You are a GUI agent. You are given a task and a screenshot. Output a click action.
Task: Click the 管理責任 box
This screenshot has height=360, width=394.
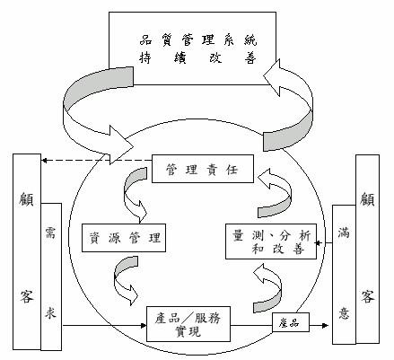click(x=203, y=169)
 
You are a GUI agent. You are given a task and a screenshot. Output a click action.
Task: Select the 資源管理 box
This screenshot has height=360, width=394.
click(x=124, y=238)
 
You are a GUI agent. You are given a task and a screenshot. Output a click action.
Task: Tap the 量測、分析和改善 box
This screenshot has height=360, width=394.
click(x=271, y=241)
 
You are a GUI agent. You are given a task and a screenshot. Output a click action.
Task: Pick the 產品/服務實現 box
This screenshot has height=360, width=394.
click(x=188, y=324)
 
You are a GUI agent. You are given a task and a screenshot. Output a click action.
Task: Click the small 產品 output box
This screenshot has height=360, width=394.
click(x=291, y=322)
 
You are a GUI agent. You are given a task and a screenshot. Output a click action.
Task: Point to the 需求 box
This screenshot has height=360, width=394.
click(x=51, y=277)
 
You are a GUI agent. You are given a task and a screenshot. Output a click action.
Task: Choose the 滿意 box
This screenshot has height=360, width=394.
click(x=344, y=275)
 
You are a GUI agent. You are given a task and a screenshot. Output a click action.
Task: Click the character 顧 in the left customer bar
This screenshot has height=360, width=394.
click(x=26, y=198)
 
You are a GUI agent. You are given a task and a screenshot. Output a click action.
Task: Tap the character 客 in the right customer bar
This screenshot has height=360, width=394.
click(x=367, y=296)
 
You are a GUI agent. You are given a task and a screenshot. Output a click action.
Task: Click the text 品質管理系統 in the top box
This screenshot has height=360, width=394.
click(x=198, y=40)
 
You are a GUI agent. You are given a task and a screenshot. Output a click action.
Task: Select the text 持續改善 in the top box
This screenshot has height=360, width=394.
click(x=197, y=57)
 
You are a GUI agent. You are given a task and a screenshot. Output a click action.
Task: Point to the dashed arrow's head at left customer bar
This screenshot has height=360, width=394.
click(x=44, y=161)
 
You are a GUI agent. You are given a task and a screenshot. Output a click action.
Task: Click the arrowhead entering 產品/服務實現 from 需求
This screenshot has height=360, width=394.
click(x=144, y=325)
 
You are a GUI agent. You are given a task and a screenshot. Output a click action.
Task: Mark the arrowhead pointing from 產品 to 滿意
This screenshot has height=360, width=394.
click(x=325, y=325)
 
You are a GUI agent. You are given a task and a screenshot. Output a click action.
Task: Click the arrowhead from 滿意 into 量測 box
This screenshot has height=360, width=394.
click(x=319, y=242)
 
